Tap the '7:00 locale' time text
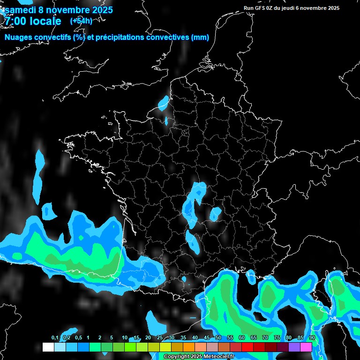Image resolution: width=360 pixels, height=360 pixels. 33,21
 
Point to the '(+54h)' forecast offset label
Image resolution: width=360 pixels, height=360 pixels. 81,21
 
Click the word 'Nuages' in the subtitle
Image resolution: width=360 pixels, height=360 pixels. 19,37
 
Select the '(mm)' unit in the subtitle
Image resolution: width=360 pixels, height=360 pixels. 200,37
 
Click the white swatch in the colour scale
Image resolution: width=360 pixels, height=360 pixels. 48,347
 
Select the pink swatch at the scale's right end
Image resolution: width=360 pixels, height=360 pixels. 306,347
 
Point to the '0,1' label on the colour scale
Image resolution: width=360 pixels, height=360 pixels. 55,338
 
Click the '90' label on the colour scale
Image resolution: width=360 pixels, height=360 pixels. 312,338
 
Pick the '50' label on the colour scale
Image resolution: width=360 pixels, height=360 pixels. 218,338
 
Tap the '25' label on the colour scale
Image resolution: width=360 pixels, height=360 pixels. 160,338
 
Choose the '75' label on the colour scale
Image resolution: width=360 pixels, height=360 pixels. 277,338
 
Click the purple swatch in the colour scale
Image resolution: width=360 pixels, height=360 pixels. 294,347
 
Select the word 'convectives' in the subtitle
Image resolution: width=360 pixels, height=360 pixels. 168,37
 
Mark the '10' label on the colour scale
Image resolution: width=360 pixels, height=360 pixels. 125,338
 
